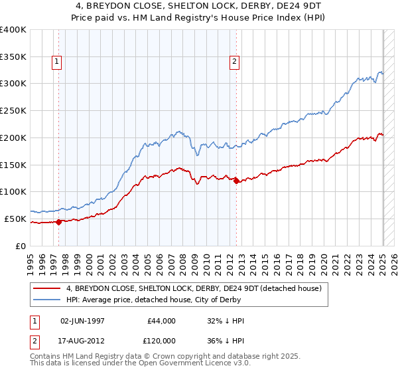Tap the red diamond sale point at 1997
click(58, 222)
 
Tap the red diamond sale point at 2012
click(236, 181)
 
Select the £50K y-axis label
click(15, 219)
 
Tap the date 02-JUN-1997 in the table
click(82, 321)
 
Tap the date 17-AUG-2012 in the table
click(82, 340)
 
